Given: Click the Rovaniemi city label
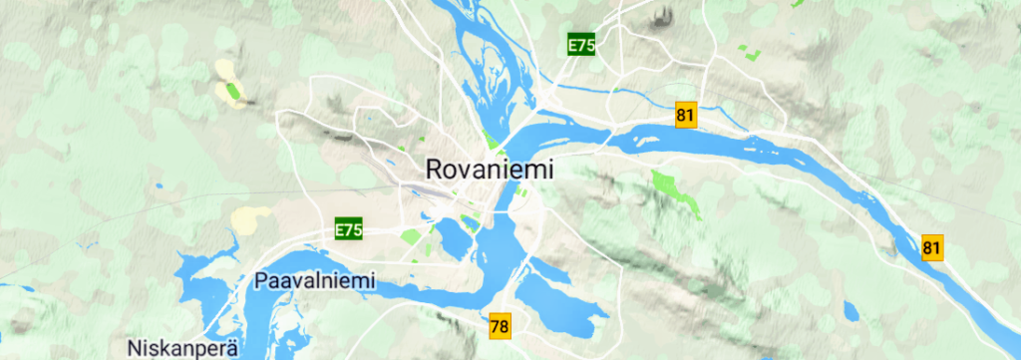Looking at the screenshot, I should point(489,169).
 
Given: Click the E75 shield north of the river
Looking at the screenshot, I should point(581,45).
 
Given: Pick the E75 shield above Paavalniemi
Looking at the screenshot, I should point(348,230).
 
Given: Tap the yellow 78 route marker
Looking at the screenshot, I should point(501,325).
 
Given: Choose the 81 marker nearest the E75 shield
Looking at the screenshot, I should point(684,115).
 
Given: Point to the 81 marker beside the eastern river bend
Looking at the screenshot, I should point(932,247).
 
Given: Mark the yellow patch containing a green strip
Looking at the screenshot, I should point(228,84).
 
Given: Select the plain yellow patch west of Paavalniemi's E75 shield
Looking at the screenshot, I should point(250,216).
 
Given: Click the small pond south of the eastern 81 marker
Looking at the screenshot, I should point(851,310).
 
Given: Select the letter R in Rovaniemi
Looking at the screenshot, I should point(434,169).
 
